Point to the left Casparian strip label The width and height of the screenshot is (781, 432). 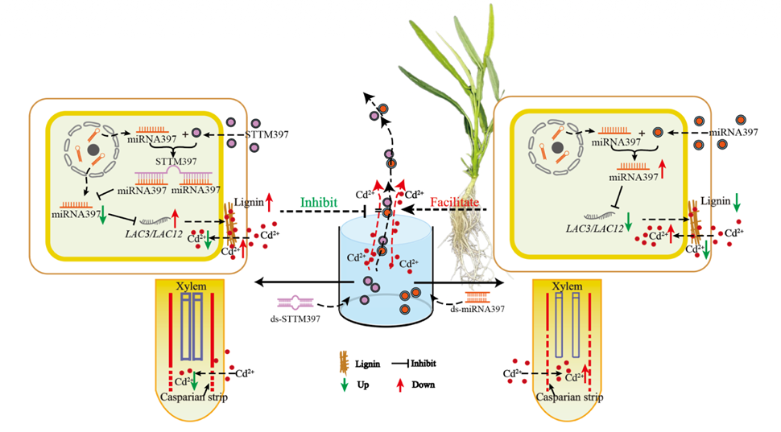[x=188, y=397]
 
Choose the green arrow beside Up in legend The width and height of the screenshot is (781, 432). [x=344, y=384]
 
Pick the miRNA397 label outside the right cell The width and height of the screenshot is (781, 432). [x=736, y=132]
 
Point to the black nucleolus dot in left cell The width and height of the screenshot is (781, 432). [x=94, y=150]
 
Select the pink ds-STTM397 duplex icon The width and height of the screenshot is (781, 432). [x=294, y=303]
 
